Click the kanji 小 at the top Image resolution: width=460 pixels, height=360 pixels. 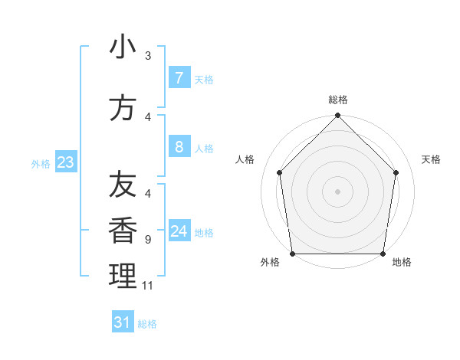point(123,47)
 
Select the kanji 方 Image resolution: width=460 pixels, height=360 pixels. point(123,108)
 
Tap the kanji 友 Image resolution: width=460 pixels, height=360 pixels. point(123,185)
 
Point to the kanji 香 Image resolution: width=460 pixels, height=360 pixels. point(123,230)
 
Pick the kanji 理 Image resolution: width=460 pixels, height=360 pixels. point(123,276)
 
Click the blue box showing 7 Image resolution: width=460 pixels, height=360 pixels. point(179,77)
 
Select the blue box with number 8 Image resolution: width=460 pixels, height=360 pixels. point(179,147)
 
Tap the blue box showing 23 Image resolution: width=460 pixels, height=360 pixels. point(64,162)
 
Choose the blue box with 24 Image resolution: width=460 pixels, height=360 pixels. point(179,231)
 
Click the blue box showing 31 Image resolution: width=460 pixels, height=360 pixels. point(123,322)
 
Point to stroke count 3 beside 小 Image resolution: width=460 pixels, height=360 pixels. point(148,55)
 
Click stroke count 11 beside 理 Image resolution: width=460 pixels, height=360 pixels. point(148,286)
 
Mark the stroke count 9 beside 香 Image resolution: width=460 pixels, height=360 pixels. point(148,240)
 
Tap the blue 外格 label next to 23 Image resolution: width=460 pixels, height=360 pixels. point(40,163)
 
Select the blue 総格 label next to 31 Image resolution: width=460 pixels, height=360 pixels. point(147,324)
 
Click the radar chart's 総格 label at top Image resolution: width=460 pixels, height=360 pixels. point(338,100)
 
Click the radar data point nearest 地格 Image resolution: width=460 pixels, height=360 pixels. point(383,254)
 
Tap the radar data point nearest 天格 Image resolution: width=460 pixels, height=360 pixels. point(396,172)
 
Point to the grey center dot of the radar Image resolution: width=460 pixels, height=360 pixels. point(338,191)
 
